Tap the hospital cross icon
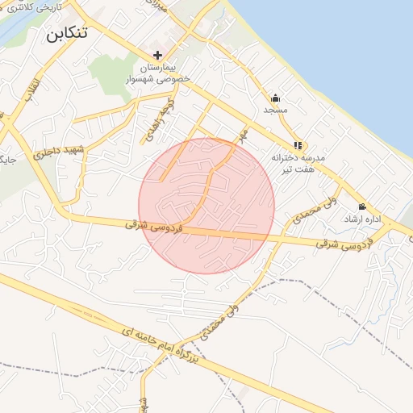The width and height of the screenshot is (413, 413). point(157,54)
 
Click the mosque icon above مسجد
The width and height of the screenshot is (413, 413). point(276,97)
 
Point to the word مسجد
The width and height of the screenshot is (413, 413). point(276,109)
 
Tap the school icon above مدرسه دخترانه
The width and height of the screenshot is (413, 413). point(298,146)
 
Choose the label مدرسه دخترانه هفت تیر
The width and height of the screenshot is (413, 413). point(298,163)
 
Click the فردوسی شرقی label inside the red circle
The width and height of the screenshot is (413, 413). point(148,226)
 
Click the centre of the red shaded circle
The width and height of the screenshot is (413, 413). point(206,206)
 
